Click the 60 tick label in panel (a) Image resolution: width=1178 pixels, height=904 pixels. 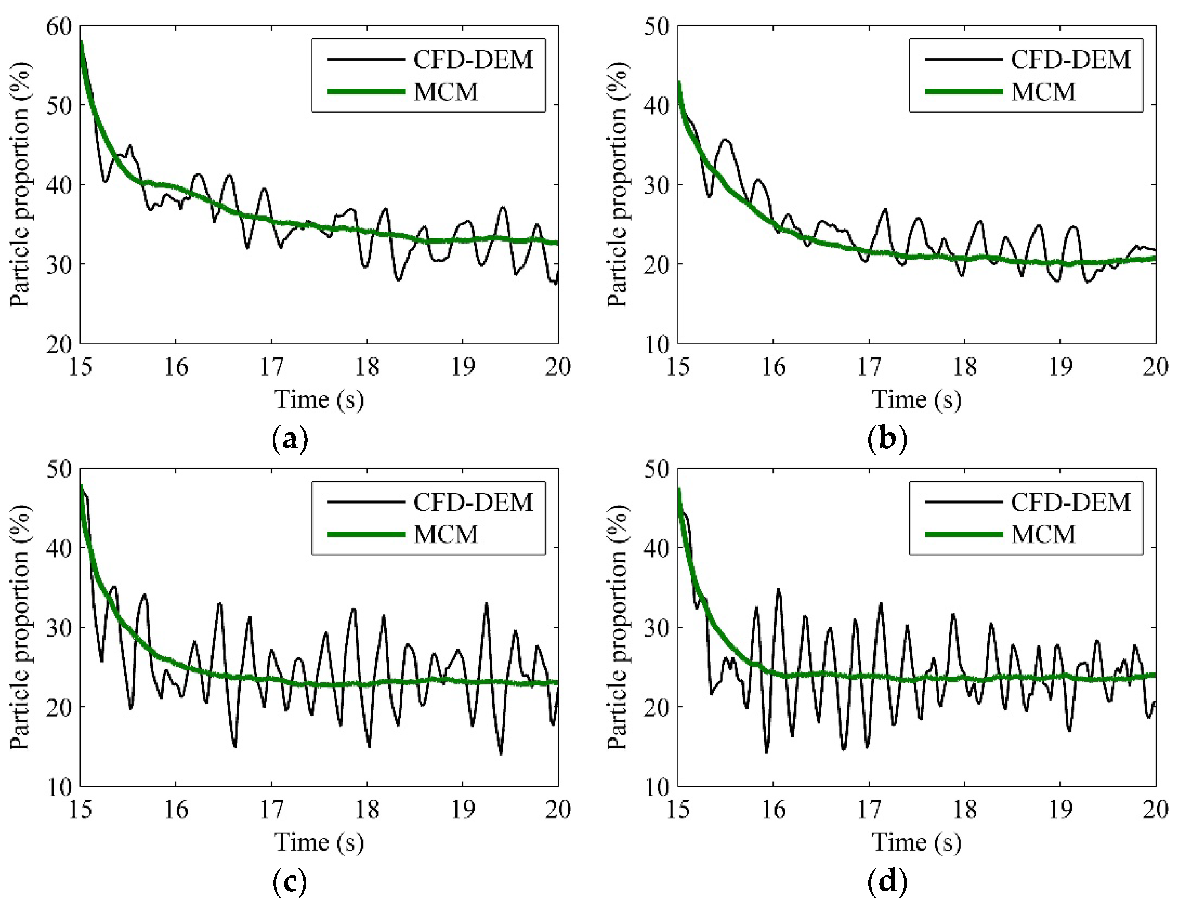pos(59,26)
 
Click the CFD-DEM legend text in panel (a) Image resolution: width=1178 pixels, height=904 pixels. pos(473,59)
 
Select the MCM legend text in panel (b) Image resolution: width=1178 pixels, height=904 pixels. pos(1043,92)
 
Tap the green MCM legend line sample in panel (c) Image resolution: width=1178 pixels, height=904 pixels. pos(366,534)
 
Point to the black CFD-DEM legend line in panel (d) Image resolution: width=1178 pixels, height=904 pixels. pos(964,502)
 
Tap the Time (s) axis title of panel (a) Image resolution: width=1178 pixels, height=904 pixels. pos(319,400)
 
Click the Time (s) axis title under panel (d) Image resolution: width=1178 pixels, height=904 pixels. pos(916,842)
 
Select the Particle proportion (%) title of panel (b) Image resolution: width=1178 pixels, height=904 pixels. pos(617,184)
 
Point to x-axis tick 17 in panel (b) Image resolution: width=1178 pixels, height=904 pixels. pos(868,367)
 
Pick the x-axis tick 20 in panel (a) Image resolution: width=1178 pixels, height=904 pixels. pos(558,367)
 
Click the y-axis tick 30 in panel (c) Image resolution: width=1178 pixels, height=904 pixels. pos(59,628)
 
